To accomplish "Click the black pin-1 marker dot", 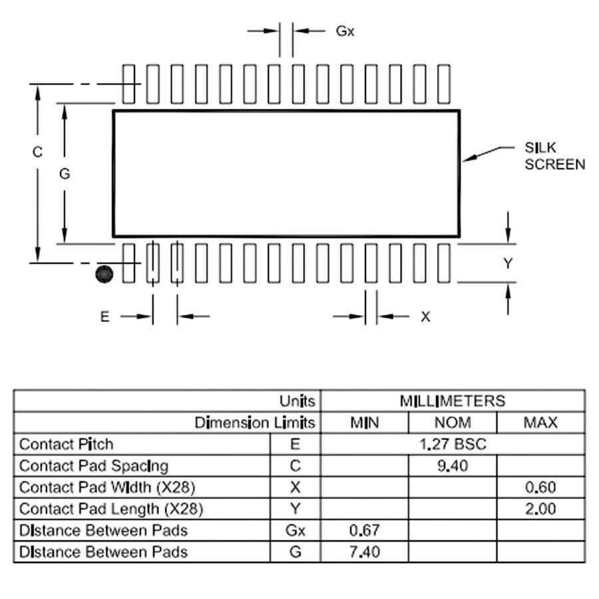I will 104,274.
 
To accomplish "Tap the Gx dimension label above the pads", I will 345,31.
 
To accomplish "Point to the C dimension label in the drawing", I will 38,152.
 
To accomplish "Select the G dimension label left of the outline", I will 65,174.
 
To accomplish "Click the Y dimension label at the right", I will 508,264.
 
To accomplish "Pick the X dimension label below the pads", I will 425,317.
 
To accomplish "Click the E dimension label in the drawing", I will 104,317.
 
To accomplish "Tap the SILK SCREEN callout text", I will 554,156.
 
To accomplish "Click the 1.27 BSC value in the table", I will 453,444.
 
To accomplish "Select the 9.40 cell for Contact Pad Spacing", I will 453,466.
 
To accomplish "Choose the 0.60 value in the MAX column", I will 540,487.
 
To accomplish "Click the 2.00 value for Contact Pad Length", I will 540,509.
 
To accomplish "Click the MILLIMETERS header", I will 453,401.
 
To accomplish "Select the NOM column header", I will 453,423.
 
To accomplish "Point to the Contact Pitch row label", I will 67,444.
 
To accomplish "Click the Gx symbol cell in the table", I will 296,530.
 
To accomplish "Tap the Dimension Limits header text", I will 255,423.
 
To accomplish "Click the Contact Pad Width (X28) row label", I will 107,487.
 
